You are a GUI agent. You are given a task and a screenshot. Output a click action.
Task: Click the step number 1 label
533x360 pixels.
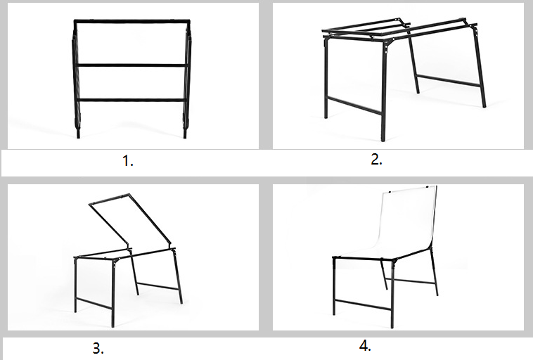coord(127,161)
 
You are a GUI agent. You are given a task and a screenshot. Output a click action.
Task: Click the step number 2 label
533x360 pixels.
coord(376,160)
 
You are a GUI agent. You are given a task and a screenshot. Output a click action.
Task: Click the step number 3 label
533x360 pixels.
coord(98,349)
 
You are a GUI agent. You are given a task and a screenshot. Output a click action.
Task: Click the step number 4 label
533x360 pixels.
coord(365,346)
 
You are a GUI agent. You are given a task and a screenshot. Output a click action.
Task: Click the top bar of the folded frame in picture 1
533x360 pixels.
coord(132,21)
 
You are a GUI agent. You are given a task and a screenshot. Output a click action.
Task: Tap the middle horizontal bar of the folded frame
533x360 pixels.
coord(131,65)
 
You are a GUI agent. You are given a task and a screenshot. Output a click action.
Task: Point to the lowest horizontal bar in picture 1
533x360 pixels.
coord(131,100)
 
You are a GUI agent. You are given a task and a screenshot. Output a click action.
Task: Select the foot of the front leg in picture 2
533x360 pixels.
coord(383,138)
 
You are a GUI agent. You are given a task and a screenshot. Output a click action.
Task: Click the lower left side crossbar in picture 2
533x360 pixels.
coord(354,105)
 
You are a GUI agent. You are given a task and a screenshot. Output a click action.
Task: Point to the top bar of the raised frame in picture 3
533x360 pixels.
coord(109,199)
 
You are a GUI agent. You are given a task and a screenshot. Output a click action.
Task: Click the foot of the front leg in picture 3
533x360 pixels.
coord(113,324)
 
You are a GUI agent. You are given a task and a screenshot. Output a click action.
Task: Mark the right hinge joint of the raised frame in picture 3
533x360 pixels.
coord(170,244)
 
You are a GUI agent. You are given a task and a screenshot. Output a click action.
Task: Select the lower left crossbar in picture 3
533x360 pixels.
coord(94,303)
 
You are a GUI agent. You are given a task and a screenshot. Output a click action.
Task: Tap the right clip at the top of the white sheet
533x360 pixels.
coord(427,186)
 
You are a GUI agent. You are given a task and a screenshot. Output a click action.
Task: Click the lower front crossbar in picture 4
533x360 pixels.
coord(363,304)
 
